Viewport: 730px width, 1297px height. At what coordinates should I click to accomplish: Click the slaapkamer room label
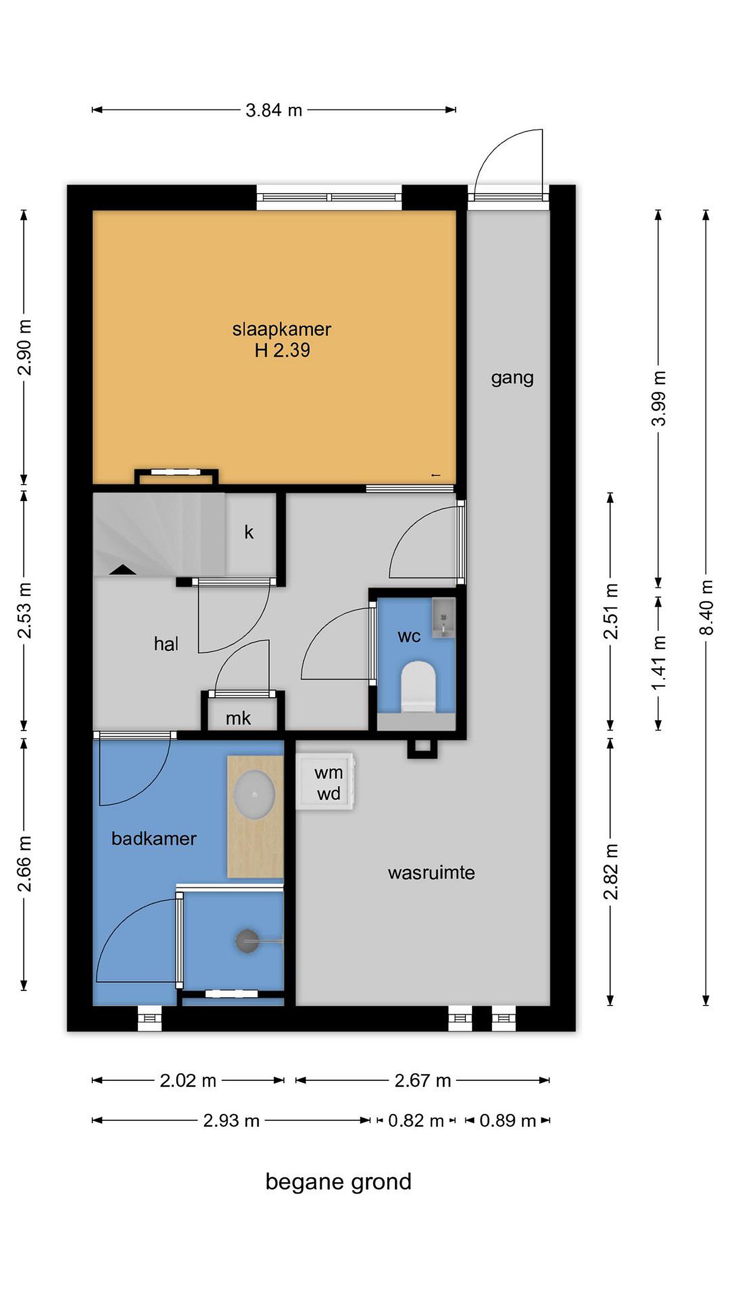[x=281, y=329]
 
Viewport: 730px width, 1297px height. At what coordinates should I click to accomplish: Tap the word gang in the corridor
[x=512, y=378]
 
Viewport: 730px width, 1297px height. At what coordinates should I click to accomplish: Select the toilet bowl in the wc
[x=418, y=686]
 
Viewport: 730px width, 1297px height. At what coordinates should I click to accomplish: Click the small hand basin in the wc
[x=443, y=618]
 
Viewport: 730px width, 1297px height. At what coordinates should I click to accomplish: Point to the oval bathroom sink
[x=255, y=794]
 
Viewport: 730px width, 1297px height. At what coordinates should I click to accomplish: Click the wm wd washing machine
[x=325, y=781]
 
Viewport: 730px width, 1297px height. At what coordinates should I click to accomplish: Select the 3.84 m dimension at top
[x=274, y=110]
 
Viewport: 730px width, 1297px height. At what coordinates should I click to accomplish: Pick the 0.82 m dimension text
[x=415, y=1121]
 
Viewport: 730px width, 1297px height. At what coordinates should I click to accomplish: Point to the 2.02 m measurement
[x=188, y=1080]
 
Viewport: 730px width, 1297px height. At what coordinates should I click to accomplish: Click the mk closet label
[x=238, y=718]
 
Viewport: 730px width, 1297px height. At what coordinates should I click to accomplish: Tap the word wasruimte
[x=431, y=873]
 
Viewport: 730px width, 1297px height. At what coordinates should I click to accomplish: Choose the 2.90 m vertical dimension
[x=24, y=347]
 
